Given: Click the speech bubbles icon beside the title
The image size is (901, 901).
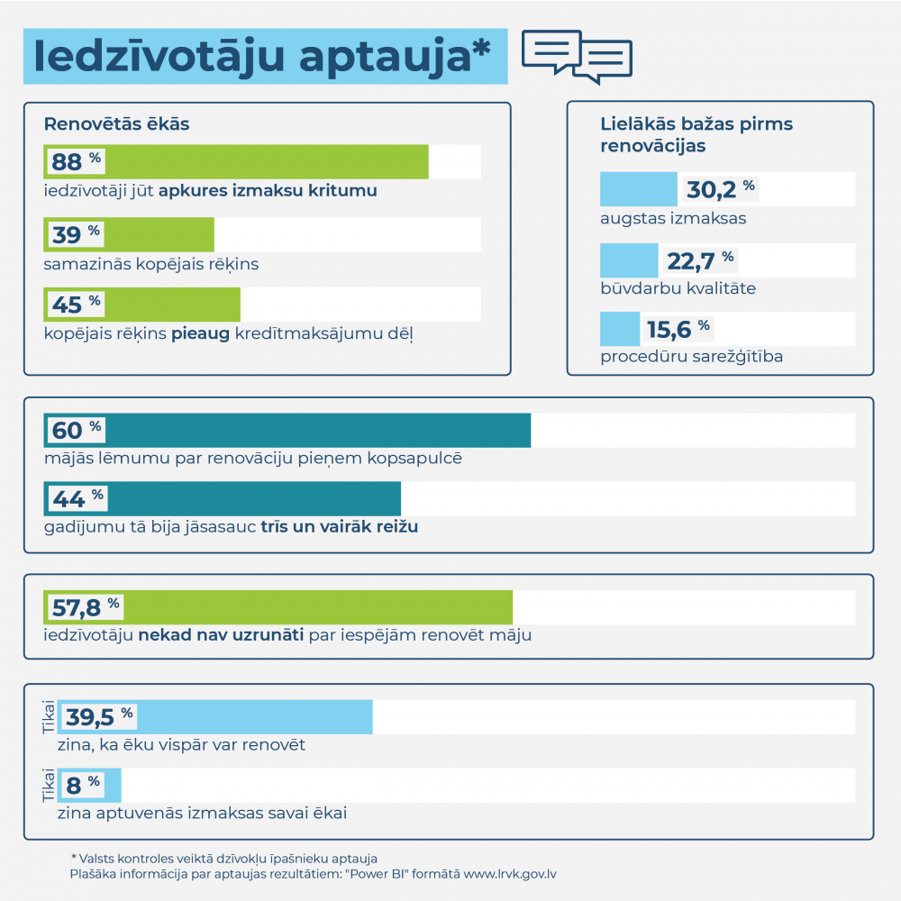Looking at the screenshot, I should pyautogui.click(x=577, y=56).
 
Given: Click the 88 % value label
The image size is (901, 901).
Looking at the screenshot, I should pyautogui.click(x=75, y=162).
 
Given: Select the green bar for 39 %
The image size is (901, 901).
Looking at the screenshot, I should pyautogui.click(x=129, y=234).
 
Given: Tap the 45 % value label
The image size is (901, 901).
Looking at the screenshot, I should pyautogui.click(x=75, y=305).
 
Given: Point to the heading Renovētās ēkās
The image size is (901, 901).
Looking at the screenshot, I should pyautogui.click(x=116, y=124).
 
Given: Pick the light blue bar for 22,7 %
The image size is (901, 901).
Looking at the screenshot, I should pyautogui.click(x=629, y=260).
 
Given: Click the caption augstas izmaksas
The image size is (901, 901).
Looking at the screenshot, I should pyautogui.click(x=673, y=218).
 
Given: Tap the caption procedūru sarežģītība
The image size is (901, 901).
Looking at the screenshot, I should pyautogui.click(x=691, y=357).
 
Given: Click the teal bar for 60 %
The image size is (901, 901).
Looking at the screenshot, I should pyautogui.click(x=287, y=431).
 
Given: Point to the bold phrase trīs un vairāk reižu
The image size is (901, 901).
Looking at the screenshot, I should pyautogui.click(x=340, y=527).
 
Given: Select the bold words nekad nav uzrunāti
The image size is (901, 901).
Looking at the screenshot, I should pyautogui.click(x=221, y=635).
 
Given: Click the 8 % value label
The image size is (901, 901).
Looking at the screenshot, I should pyautogui.click(x=79, y=785).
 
